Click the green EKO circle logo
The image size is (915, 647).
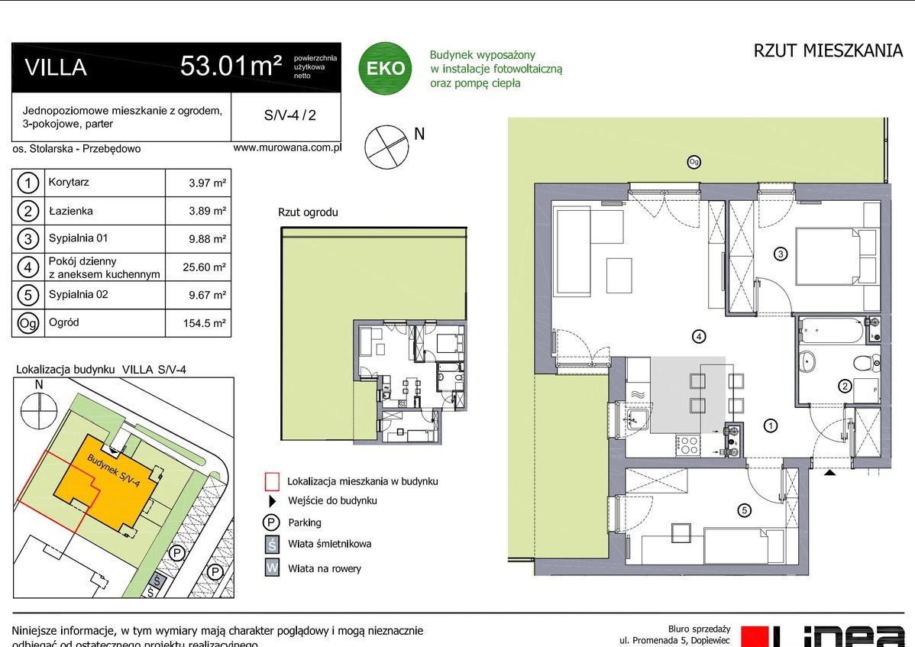[x=385, y=68]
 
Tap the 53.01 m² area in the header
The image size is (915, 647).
[x=231, y=66]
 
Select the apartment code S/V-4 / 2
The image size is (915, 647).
[x=289, y=116]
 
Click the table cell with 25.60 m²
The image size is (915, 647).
[x=207, y=267]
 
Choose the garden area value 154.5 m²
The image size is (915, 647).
[x=207, y=323]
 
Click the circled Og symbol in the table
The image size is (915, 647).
[x=27, y=323]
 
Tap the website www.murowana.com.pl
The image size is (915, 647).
[x=286, y=148]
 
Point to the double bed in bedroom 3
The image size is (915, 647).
[x=836, y=256]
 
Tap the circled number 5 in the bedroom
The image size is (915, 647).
[x=744, y=510]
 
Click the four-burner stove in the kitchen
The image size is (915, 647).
[x=690, y=444]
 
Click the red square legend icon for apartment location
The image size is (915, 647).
[x=271, y=481]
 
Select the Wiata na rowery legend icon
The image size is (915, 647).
[x=272, y=568]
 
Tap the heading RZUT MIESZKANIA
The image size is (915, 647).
[x=828, y=51]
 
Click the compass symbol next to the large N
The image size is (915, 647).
[x=385, y=146]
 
